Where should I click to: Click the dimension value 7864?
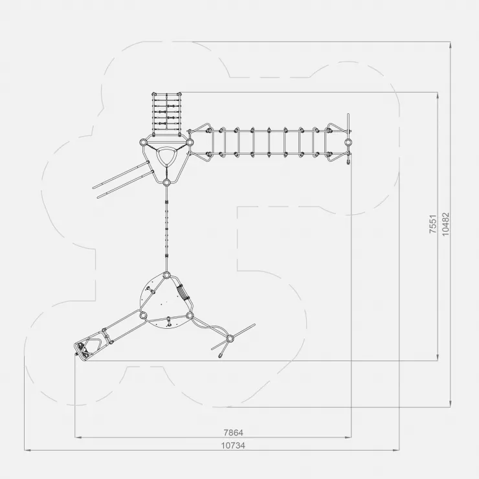point(234,433)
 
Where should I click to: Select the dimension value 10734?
point(233,446)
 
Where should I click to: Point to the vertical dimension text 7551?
point(433,224)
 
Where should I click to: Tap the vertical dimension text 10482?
point(446,224)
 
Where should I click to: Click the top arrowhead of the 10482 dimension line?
point(451,45)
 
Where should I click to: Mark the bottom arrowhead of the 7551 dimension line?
point(438,357)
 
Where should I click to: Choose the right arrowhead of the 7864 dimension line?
point(348,437)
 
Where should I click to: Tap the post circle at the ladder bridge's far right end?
point(348,142)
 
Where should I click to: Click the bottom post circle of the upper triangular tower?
point(166,183)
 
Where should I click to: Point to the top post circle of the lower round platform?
point(166,275)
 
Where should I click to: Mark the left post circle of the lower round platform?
point(143,315)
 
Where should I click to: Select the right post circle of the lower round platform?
point(190,315)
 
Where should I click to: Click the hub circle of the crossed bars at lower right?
point(230,339)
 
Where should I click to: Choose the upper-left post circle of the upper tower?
point(143,142)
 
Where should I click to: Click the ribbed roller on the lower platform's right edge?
point(183,293)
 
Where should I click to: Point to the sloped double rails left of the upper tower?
point(122,179)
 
